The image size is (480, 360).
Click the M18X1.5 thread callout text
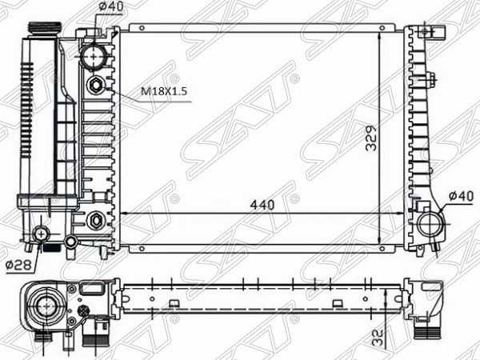pyautogui.click(x=164, y=92)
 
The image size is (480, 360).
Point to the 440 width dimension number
pyautogui.click(x=261, y=205)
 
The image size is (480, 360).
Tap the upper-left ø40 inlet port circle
pyautogui.click(x=94, y=58)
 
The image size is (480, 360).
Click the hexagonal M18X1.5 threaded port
pyautogui.click(x=95, y=86)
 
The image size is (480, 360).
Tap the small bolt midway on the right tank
pyautogui.click(x=431, y=78)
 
